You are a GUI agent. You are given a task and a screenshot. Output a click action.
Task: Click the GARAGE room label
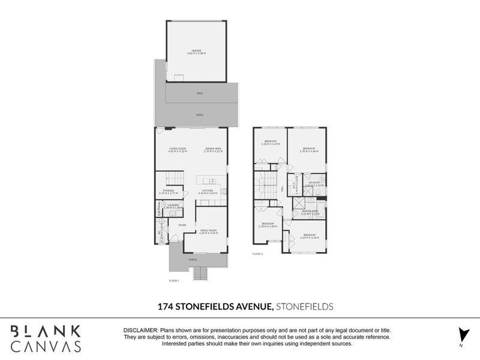pyautogui.click(x=196, y=50)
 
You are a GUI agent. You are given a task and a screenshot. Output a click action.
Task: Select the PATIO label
pyautogui.click(x=200, y=115)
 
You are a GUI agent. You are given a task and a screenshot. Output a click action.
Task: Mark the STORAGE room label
pyautogui.click(x=167, y=191)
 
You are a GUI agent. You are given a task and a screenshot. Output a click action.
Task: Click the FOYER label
pyautogui.click(x=182, y=225)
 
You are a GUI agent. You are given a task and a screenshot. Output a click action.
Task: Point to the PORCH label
pyautogui.click(x=193, y=260)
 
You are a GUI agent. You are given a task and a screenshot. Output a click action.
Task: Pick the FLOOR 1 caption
pyautogui.click(x=175, y=280)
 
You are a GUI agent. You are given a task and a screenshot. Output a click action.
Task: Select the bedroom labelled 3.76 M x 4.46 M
pyautogui.click(x=309, y=149)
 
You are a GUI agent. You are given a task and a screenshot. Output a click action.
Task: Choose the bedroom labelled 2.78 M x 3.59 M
pyautogui.click(x=267, y=224)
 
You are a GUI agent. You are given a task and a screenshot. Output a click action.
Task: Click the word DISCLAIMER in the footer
pyautogui.click(x=140, y=331)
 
